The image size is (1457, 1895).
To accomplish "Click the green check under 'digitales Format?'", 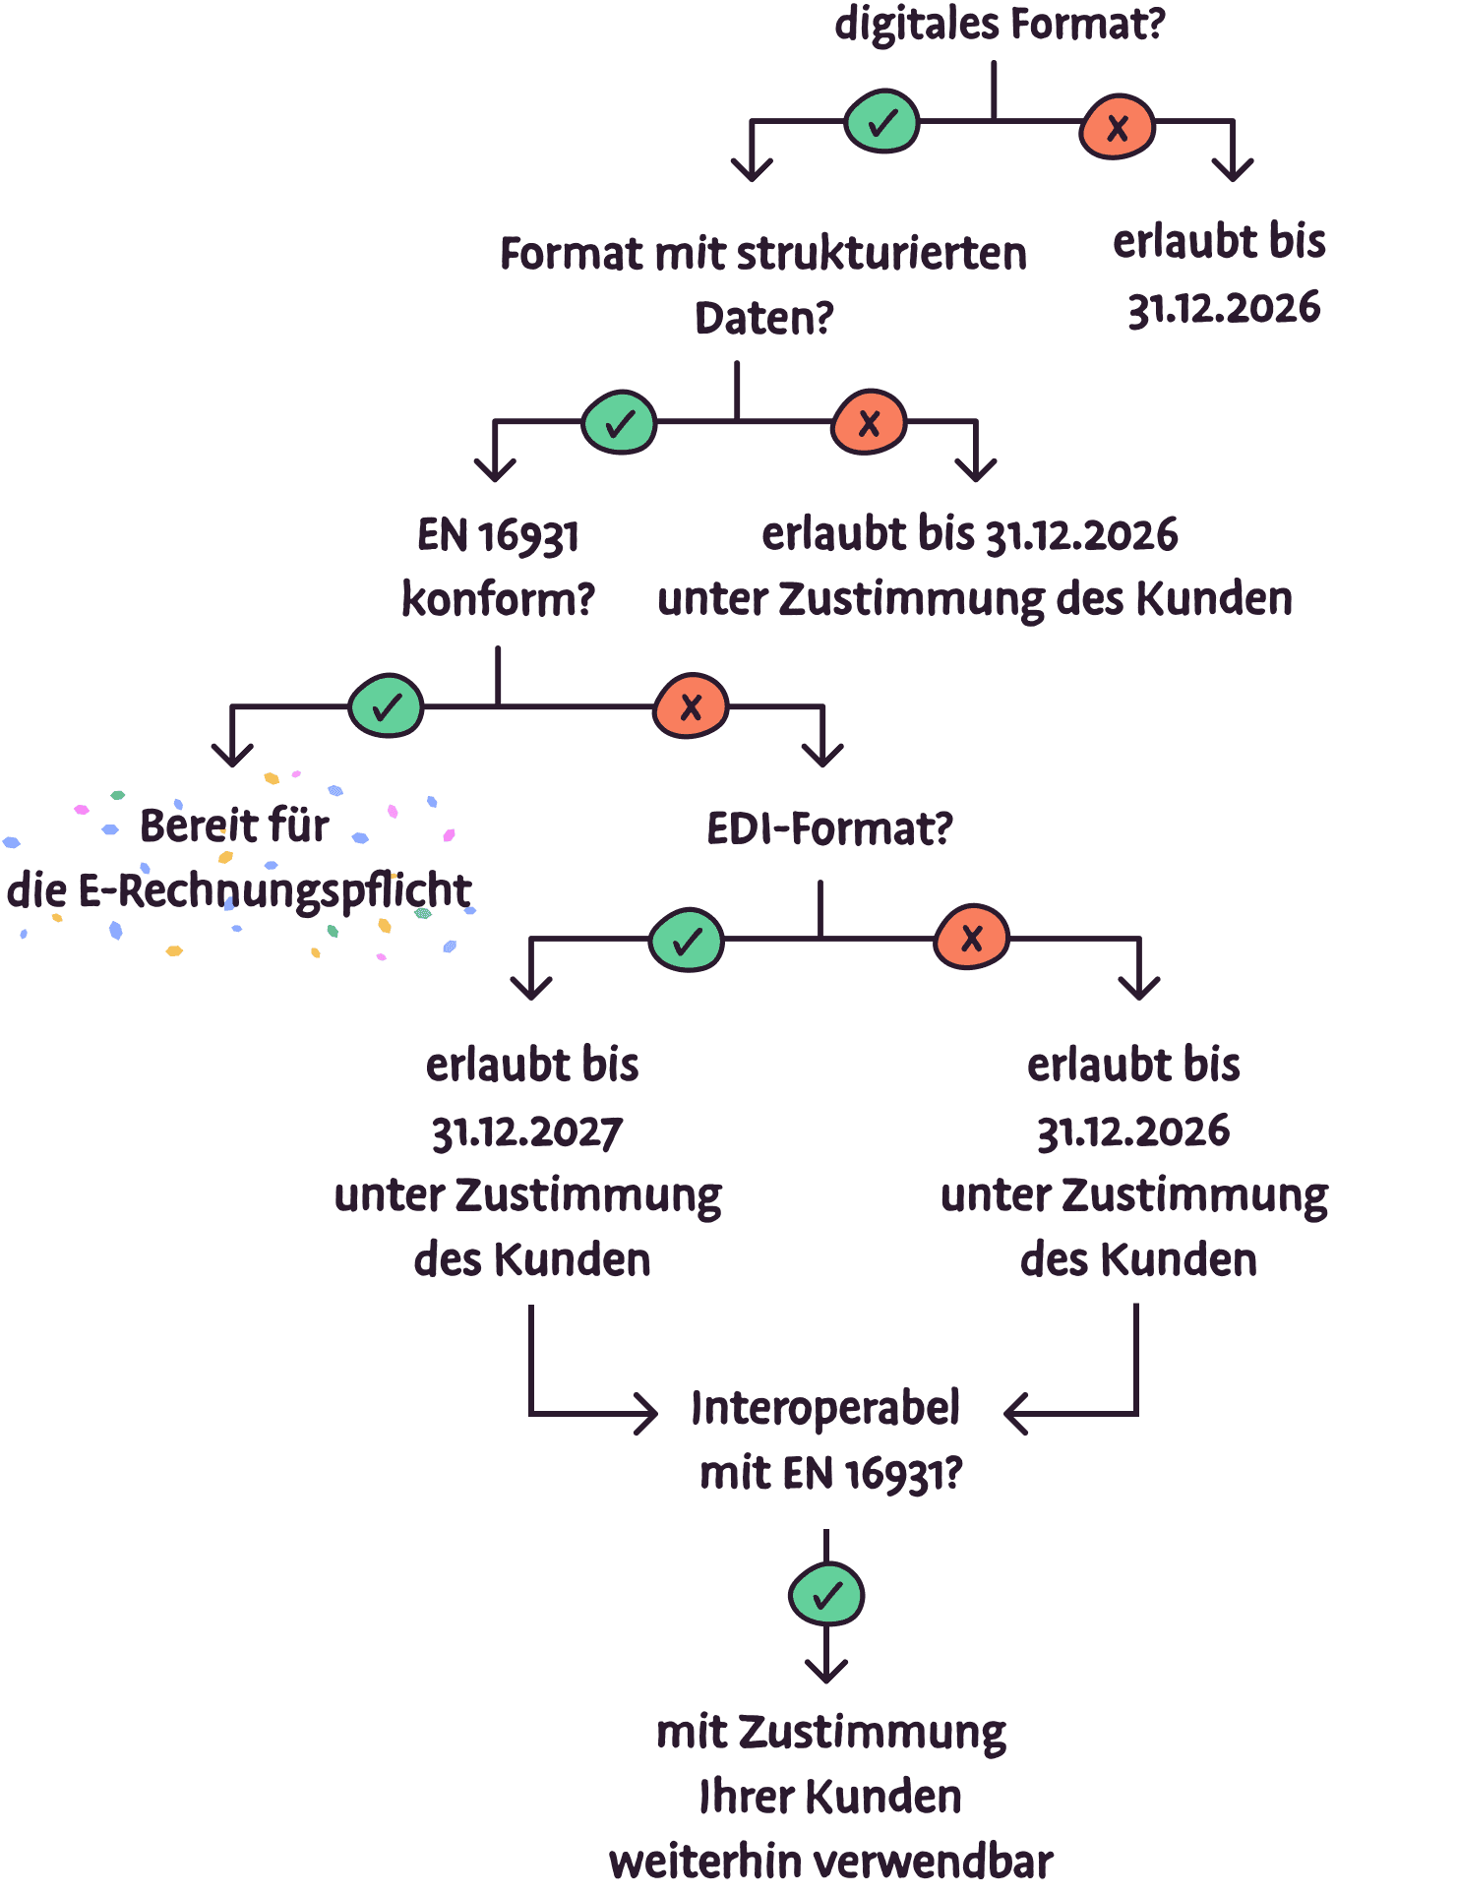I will pos(882,122).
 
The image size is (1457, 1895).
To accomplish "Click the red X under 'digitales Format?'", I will pos(1117,127).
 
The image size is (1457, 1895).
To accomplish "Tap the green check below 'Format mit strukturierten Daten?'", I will pos(619,424).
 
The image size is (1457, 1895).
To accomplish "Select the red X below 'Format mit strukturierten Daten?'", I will pos(869,424).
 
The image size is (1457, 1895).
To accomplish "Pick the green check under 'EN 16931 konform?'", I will pos(386,705).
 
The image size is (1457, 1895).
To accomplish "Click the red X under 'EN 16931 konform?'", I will pos(691,705).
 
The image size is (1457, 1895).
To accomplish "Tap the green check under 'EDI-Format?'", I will pos(687,940).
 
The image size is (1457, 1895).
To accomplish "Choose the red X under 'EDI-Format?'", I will pos(971,938).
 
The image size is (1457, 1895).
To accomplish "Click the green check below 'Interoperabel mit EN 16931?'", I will pos(826,1595).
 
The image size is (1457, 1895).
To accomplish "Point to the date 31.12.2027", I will pos(527,1132).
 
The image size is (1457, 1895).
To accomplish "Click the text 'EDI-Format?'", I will pos(829,829).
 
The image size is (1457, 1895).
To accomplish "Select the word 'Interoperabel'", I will pos(825,1408).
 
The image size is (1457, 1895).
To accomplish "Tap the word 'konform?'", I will pos(499,599).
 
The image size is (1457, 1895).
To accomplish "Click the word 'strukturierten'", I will pos(881,254).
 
